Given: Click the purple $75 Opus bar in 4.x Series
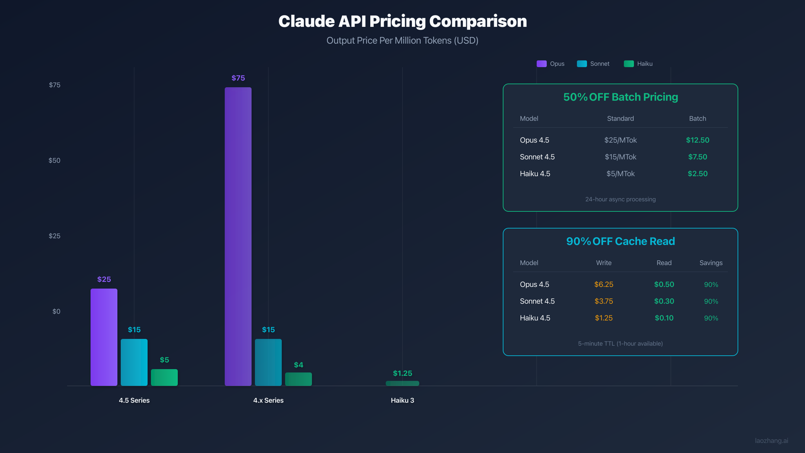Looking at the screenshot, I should point(238,235).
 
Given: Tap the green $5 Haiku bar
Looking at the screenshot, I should point(164,377).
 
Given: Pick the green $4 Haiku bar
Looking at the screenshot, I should point(298,379).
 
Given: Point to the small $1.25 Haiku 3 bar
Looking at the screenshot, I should point(402,383).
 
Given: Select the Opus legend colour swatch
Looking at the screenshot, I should point(541,64).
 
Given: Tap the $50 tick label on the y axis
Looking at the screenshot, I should point(54,160).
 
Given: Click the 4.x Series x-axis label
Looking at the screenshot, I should point(268,400).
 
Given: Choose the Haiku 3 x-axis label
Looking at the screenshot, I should point(402,400).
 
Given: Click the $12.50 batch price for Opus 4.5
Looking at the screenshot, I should point(697,140).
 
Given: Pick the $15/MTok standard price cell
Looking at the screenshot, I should point(620,157).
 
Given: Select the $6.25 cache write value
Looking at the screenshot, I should point(603,285).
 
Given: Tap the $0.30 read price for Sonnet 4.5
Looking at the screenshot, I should point(664,301).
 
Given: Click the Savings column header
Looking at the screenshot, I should point(711,263).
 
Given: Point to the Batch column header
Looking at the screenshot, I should point(697,118).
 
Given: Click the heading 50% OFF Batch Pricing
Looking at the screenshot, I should point(620,97).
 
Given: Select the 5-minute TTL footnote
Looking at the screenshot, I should point(620,344).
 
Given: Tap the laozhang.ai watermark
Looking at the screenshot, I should point(771,441).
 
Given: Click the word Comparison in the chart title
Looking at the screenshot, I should point(478,21).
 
